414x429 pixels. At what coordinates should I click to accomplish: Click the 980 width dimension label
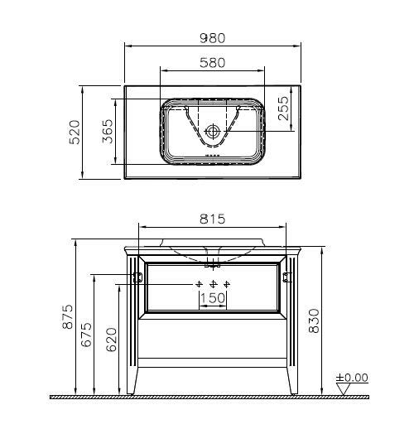click(x=213, y=38)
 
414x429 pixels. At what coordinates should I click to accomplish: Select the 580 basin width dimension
click(x=213, y=63)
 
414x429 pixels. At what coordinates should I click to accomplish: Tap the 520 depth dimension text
click(x=75, y=132)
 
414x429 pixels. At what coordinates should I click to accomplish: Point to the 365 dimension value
click(x=108, y=131)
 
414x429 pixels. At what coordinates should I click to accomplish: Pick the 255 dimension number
click(x=283, y=108)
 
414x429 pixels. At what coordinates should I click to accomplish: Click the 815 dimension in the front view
click(x=213, y=219)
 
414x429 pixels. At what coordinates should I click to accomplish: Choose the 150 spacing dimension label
click(x=213, y=298)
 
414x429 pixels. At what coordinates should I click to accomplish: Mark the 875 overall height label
click(x=68, y=316)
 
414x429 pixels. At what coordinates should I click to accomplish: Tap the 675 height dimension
click(x=86, y=335)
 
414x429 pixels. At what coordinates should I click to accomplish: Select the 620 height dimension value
click(x=112, y=340)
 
